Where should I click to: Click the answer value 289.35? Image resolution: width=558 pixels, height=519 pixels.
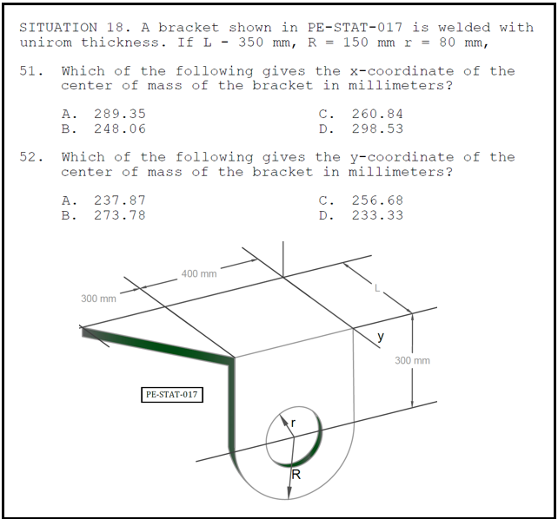[120, 114]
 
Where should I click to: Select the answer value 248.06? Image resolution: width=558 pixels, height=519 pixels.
[120, 128]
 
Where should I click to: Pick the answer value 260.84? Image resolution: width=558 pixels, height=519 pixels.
[377, 114]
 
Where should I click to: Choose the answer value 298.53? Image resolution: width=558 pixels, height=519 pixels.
[377, 128]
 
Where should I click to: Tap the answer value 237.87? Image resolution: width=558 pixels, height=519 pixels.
[120, 200]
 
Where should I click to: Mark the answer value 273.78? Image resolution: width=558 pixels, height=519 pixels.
[120, 215]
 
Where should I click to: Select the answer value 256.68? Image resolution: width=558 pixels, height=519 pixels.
[377, 200]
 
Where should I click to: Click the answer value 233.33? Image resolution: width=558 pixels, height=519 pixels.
[377, 215]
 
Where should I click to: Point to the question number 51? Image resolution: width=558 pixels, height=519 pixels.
[31, 71]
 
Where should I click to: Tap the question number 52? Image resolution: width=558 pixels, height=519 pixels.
[31, 157]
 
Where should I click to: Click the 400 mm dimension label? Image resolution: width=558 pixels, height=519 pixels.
[199, 274]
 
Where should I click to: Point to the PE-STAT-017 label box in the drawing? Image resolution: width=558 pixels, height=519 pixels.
[172, 395]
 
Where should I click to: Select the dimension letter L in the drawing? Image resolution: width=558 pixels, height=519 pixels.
[377, 288]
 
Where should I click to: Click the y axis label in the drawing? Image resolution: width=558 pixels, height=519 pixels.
[381, 336]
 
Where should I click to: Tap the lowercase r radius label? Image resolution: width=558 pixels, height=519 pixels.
[293, 423]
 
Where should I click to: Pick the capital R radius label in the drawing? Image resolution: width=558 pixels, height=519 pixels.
[296, 474]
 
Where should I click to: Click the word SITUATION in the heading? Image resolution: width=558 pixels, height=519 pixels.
[58, 28]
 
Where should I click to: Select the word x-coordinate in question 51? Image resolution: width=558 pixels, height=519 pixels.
[402, 71]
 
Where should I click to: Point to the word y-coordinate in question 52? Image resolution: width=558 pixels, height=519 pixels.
[402, 158]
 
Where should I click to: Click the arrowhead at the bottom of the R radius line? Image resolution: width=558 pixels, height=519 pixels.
[289, 494]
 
